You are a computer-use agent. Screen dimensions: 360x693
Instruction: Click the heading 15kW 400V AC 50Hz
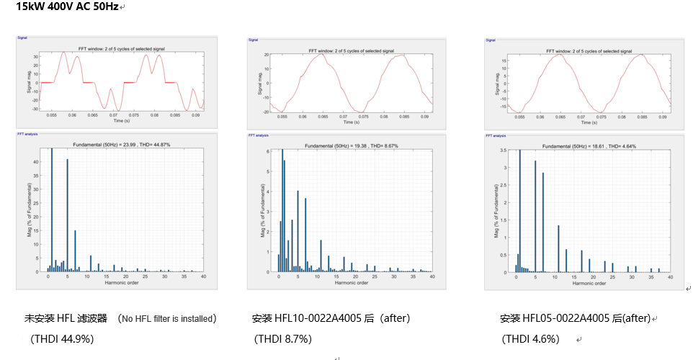67,6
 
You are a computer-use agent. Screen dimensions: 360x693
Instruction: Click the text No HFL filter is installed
168,318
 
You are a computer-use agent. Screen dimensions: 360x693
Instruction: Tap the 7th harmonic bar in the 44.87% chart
75,251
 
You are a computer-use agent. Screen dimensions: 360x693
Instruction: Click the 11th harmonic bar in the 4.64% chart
558,248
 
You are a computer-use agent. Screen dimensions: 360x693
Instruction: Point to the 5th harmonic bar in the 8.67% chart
298,230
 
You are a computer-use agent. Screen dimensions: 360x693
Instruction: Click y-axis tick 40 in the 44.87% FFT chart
39,162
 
